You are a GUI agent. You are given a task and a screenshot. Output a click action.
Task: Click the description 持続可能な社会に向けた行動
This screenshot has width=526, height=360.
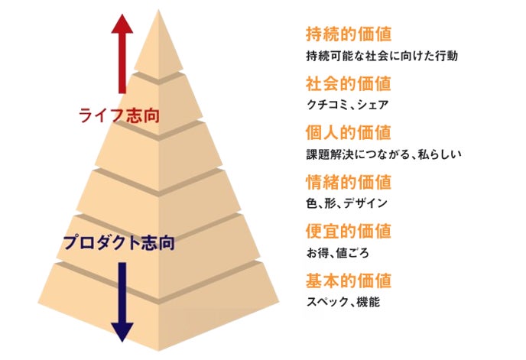tap(381, 57)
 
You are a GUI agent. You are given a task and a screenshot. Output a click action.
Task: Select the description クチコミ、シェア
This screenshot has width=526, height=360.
tap(347, 105)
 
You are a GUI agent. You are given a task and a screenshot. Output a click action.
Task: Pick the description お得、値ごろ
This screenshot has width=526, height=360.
tap(337, 253)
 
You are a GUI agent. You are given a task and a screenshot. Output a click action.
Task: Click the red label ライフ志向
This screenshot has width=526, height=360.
tap(124, 115)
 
